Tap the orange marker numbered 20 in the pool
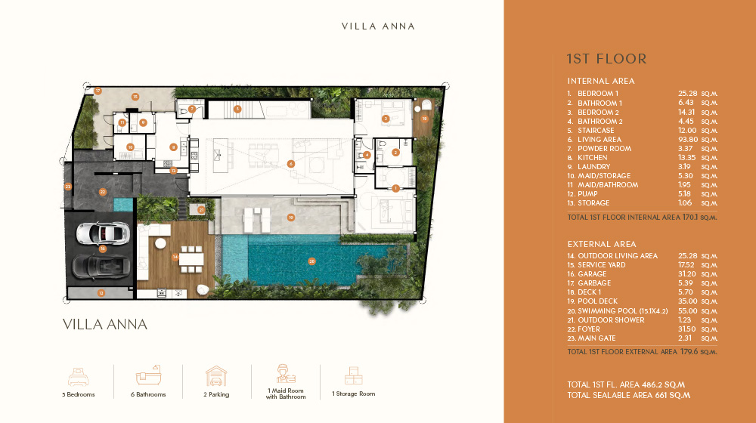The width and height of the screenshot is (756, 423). click(311, 261)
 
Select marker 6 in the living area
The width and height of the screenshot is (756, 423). click(291, 163)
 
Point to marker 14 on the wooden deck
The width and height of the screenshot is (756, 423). click(175, 258)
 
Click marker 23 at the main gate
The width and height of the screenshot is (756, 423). click(68, 186)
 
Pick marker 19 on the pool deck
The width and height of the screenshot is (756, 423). click(290, 218)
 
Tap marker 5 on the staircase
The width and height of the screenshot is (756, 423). click(237, 109)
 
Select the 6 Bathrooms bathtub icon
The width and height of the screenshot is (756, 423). click(148, 376)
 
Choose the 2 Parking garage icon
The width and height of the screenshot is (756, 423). click(217, 376)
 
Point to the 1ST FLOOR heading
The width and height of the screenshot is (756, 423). click(606, 59)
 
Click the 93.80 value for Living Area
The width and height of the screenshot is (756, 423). click(688, 140)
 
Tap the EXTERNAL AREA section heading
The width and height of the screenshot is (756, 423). click(602, 244)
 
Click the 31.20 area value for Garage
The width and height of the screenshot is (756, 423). click(688, 274)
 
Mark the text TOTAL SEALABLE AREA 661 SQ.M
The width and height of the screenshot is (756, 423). click(629, 395)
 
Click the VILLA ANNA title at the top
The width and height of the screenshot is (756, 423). click(378, 26)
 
